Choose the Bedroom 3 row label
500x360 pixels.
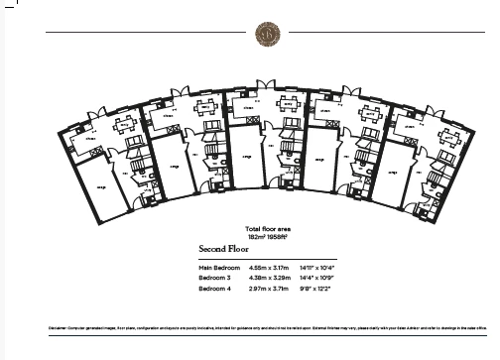coord(214,278)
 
